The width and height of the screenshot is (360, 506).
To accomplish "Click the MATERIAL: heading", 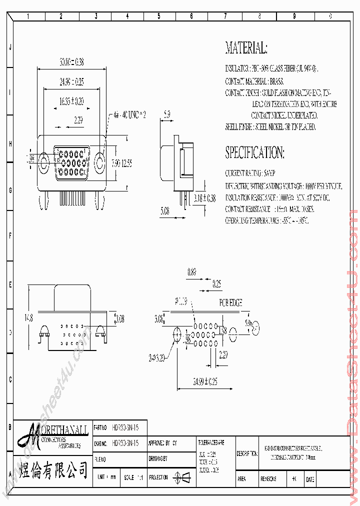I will point(246,48).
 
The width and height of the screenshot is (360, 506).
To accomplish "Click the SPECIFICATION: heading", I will point(255,152).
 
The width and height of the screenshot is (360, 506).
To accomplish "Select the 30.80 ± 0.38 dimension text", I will point(71,62).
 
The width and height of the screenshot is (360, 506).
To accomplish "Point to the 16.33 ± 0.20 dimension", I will point(71,101).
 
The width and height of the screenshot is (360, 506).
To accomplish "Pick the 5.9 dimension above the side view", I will point(166,114).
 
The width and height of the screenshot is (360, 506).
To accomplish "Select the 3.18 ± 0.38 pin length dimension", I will point(205,198).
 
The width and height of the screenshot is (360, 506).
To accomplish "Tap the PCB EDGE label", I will point(230,303).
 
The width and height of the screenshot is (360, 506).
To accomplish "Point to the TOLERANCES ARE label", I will point(211,443).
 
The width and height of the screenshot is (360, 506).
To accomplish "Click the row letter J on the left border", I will point(9,48).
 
